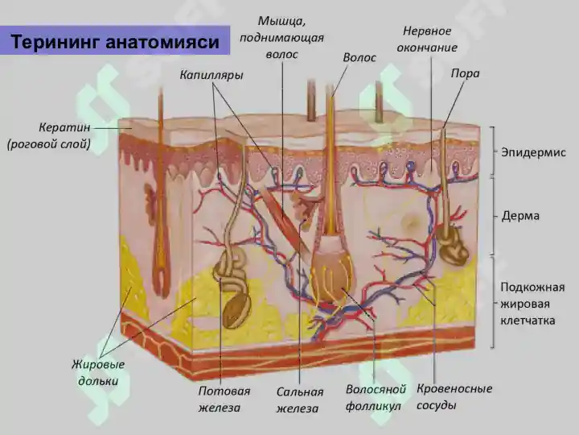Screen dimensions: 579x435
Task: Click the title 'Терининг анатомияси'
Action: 115,41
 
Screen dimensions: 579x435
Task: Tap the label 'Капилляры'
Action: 211,75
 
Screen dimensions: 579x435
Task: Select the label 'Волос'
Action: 359,57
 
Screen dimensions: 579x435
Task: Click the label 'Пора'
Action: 465,73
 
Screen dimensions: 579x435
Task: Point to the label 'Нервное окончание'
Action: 427,39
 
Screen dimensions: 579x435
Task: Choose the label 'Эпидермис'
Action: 533,152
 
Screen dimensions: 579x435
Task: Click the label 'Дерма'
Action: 520,215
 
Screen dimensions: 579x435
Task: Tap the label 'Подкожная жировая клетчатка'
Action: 532,304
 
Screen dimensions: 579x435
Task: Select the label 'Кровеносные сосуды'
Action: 454,396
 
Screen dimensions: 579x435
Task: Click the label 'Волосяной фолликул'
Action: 376,397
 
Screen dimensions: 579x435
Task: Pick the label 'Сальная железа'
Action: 299,400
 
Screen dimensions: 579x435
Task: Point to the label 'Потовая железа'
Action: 224,399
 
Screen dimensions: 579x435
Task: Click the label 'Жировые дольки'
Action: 98,372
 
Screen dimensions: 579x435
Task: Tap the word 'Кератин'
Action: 64,127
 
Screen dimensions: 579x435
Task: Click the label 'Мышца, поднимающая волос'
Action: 281,38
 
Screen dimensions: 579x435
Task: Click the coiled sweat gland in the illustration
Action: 232,285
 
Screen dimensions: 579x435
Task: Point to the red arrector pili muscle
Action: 285,222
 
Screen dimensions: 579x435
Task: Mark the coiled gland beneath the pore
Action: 452,246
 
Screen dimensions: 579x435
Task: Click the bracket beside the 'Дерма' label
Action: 493,215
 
